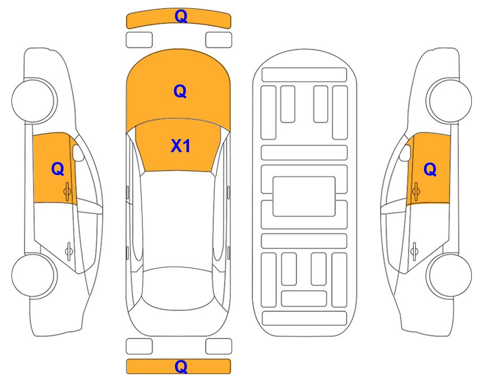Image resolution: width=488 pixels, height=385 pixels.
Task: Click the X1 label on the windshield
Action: pos(180,146)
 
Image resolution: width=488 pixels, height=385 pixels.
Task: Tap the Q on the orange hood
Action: pos(180,91)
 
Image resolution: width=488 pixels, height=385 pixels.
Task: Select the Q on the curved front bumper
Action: pos(181,16)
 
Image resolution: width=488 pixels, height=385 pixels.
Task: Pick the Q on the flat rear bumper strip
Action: pos(181,366)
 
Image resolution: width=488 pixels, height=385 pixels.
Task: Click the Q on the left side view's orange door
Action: pos(58,169)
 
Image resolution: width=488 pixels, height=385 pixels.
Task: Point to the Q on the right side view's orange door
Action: pos(430,170)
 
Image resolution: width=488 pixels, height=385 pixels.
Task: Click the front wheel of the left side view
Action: pos(34,101)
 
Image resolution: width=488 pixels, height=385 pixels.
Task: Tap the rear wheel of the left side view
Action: pos(34,276)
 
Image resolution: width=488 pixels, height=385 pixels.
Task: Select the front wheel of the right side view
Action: pos(449,101)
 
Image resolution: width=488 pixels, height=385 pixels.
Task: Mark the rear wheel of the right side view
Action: pos(449,276)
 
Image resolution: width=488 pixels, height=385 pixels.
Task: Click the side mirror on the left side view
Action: pos(78,153)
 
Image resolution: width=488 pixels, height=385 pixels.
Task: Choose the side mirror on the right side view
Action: pos(405,153)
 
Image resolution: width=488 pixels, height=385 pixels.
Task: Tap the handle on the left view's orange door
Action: pos(68,191)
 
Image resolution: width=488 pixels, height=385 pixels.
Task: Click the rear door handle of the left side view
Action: pos(69,251)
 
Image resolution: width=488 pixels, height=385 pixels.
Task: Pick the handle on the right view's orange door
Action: pos(416,191)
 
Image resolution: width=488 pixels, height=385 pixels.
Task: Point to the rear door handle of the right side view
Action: pos(414,251)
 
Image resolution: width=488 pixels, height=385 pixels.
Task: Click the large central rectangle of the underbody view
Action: pos(304,196)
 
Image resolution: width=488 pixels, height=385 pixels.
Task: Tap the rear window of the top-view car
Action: pos(178,288)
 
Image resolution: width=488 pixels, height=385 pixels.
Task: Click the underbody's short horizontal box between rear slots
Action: pos(304,299)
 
